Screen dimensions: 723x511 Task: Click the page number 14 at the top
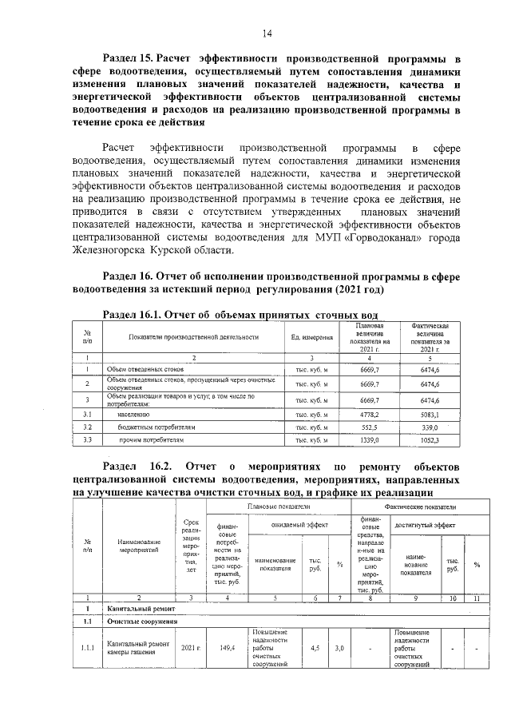point(267,33)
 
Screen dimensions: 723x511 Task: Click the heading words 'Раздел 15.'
point(129,59)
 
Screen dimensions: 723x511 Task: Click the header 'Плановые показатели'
point(278,506)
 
